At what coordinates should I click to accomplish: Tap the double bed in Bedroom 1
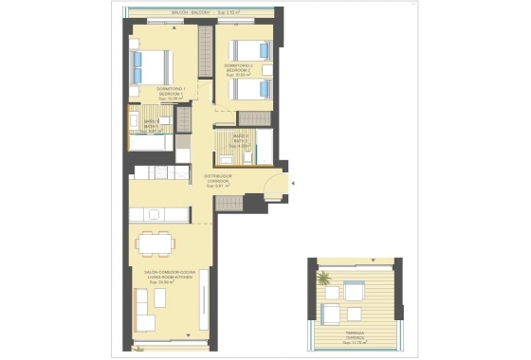tap(152, 65)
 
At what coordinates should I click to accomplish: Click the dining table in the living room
tap(155, 243)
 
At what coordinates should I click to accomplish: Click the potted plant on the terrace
tap(325, 278)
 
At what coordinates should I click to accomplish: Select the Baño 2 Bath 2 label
tap(241, 137)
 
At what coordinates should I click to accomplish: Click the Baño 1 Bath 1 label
tap(151, 122)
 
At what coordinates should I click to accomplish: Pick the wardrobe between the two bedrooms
tap(204, 53)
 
